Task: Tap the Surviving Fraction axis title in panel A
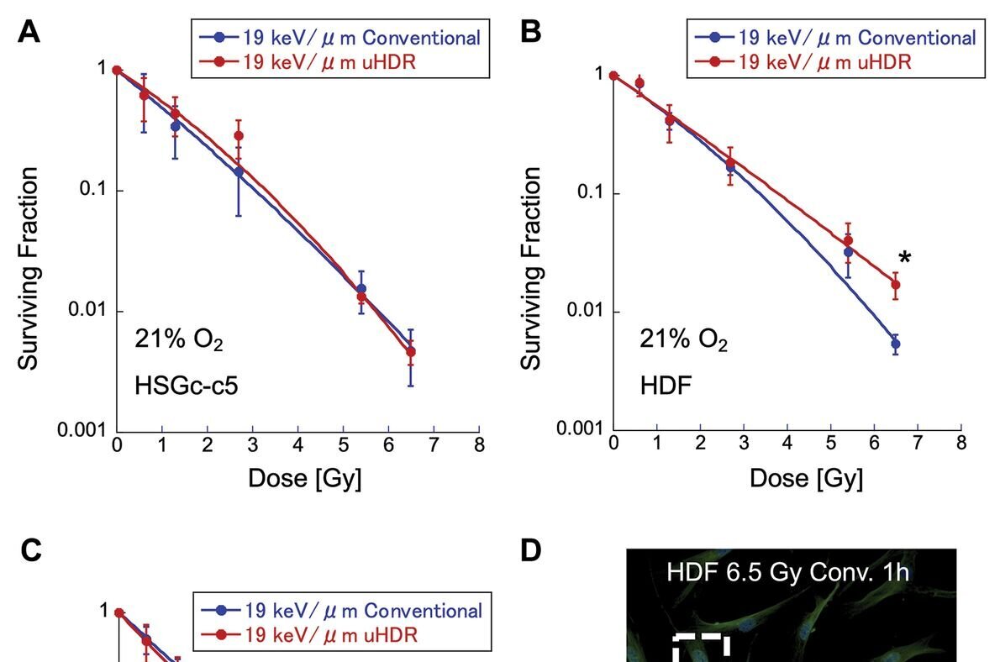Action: coord(29,268)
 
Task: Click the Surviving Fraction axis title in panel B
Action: coord(530,268)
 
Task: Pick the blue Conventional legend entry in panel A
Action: coord(339,38)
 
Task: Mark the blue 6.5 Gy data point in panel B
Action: coord(896,344)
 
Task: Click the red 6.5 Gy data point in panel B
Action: coord(896,285)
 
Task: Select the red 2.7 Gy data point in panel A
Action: coord(239,135)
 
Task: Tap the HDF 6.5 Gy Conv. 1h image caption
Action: coord(791,574)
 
